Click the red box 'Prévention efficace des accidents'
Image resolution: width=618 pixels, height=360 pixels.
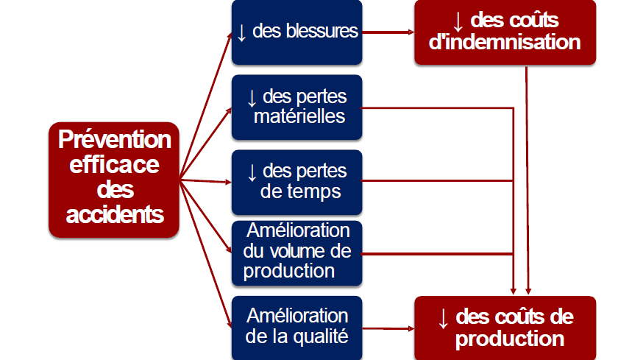coord(114,179)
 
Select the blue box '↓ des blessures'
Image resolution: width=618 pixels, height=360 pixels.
coord(296,32)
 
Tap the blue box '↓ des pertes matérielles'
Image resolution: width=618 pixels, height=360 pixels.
coord(296,107)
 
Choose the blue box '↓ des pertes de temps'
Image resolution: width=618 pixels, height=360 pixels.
coord(296,180)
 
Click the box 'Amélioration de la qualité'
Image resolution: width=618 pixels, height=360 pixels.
coord(296,326)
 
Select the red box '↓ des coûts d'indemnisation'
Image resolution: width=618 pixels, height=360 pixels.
coord(505,32)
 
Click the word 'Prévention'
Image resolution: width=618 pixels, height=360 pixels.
coord(114,138)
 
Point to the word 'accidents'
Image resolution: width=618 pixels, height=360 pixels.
coord(114,215)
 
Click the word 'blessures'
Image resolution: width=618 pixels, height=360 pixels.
coord(324,32)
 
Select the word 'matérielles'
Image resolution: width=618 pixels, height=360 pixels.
coord(297,116)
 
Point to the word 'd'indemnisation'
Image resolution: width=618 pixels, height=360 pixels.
coord(505,42)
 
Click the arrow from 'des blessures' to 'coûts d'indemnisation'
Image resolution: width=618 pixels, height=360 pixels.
coord(388,32)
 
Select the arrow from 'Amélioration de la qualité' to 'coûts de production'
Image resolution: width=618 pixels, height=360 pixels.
coord(388,327)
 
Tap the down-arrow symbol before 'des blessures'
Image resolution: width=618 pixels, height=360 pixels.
coord(241,32)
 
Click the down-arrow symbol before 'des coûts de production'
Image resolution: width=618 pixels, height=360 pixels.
coord(443,318)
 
